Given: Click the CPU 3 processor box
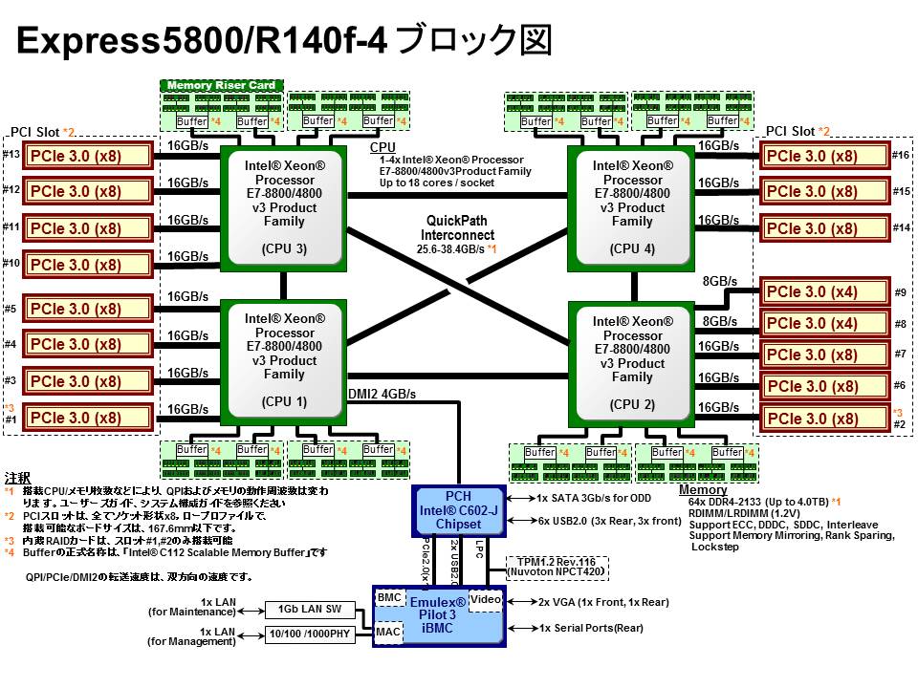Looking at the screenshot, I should pyautogui.click(x=284, y=206).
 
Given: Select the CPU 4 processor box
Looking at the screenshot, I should pyautogui.click(x=632, y=206).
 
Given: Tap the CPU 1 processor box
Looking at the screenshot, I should pyautogui.click(x=284, y=360).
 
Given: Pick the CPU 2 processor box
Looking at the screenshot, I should pyautogui.click(x=632, y=362).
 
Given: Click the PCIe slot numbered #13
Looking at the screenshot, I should pyautogui.click(x=88, y=156).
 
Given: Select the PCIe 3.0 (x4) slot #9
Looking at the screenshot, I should pyautogui.click(x=823, y=291).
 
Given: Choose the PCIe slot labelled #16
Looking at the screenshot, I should pyautogui.click(x=823, y=157).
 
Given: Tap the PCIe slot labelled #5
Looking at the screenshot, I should pyautogui.click(x=88, y=309).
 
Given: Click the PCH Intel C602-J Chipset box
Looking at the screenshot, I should pyautogui.click(x=458, y=510).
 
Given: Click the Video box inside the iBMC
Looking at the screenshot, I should pyautogui.click(x=486, y=599).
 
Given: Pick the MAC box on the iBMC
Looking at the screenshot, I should pyautogui.click(x=388, y=631).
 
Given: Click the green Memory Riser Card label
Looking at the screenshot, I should pyautogui.click(x=222, y=85).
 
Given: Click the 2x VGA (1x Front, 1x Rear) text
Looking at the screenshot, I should pyautogui.click(x=602, y=602).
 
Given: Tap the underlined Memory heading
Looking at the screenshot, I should pyautogui.click(x=703, y=490).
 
